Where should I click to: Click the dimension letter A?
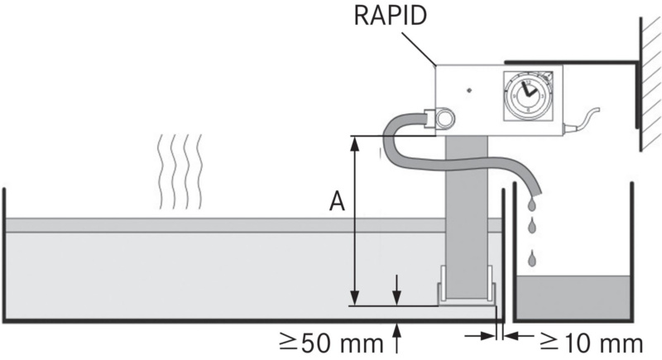tap(337, 202)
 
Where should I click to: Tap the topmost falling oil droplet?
tap(531, 204)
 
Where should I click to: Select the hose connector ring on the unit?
tap(445, 119)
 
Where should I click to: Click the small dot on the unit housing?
tap(468, 89)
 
